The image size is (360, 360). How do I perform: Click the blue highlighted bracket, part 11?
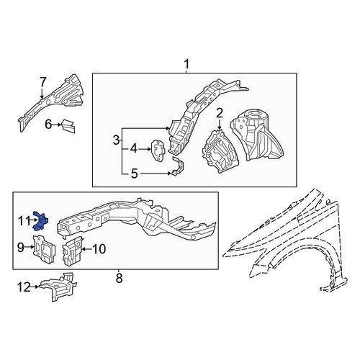(x=40, y=221)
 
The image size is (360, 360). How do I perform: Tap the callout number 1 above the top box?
(x=186, y=64)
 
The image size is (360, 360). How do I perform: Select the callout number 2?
(x=220, y=113)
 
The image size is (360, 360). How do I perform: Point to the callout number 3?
(x=117, y=140)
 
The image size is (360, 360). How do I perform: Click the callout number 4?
(x=134, y=149)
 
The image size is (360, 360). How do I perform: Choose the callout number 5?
(x=135, y=174)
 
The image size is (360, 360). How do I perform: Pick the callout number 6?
(x=48, y=125)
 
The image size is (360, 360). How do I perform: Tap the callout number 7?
(x=42, y=82)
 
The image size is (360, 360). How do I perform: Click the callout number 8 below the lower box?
(x=119, y=279)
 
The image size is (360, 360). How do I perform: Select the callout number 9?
(x=21, y=247)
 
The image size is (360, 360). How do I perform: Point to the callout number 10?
(x=99, y=249)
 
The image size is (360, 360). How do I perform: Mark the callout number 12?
(x=24, y=287)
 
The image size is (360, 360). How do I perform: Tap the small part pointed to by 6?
(x=68, y=126)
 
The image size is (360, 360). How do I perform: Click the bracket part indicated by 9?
(x=44, y=250)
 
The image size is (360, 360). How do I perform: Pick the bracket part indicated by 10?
(x=73, y=251)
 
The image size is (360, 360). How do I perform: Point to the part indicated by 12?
(x=58, y=287)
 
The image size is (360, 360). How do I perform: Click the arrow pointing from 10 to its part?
(x=87, y=250)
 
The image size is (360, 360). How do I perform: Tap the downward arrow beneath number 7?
(x=42, y=93)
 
